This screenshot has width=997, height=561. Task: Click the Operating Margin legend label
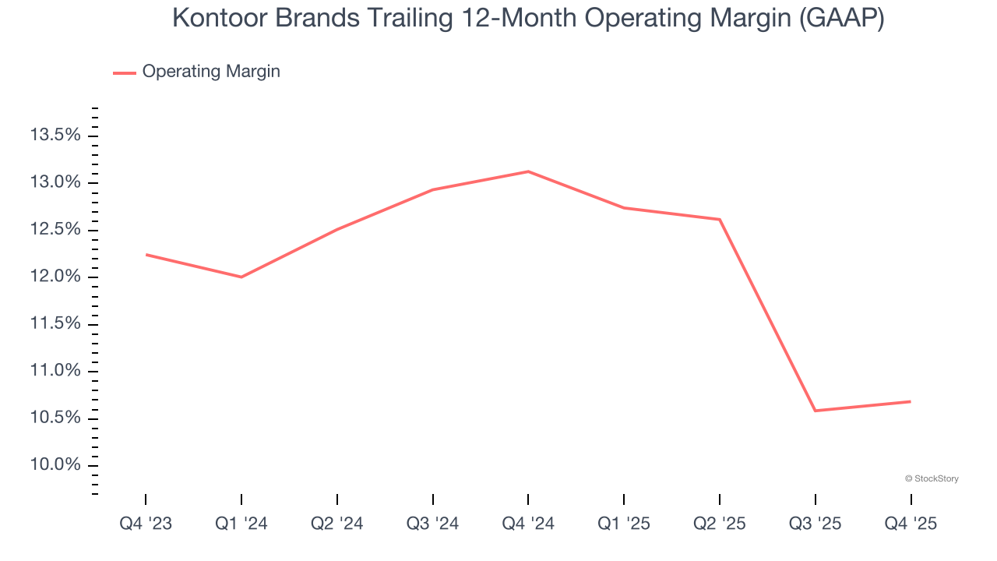click(211, 72)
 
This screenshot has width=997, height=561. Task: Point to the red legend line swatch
click(125, 72)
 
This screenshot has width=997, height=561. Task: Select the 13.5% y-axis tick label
click(55, 136)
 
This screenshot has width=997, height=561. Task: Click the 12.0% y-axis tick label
click(55, 277)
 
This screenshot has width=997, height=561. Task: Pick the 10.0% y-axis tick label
click(55, 466)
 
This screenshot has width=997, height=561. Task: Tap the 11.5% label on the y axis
click(55, 324)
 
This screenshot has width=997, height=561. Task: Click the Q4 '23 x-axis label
click(146, 524)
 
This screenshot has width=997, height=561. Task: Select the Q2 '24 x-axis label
click(337, 524)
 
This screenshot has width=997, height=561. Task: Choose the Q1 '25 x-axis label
click(624, 524)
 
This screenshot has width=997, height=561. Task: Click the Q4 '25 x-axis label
click(911, 524)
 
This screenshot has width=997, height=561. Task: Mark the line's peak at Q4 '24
click(528, 171)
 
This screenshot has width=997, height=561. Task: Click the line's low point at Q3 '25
click(815, 411)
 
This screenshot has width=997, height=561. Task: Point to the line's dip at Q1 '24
click(241, 277)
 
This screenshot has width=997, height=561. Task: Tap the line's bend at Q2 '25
click(720, 219)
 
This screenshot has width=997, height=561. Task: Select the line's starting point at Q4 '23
click(146, 254)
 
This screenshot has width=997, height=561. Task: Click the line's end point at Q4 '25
click(911, 401)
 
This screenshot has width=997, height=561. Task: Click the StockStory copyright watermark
click(932, 478)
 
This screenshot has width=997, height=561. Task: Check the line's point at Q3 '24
click(433, 189)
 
